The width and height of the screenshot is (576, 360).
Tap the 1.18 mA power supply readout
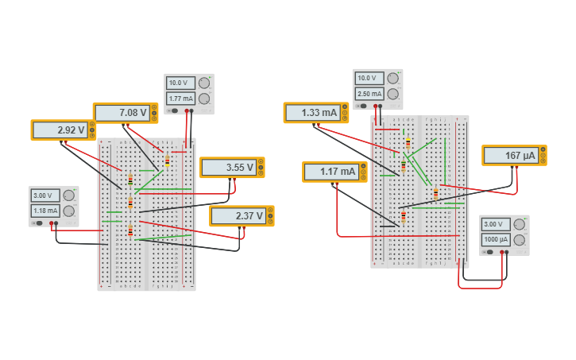[x=45, y=211]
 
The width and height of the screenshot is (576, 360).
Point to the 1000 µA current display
[x=495, y=239]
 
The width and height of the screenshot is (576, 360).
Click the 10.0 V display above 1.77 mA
[x=180, y=83]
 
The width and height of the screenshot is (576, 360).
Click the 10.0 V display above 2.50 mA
[x=369, y=78]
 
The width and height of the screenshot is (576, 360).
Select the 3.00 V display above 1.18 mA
[x=45, y=195]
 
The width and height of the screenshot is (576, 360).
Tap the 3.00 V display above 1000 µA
[x=495, y=224]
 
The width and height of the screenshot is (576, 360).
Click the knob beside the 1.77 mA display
[x=204, y=99]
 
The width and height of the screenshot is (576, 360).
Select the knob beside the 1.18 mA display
[x=69, y=211]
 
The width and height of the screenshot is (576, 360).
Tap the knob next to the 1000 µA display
[x=520, y=239]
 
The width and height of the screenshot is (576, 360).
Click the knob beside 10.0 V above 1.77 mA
[x=204, y=83]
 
